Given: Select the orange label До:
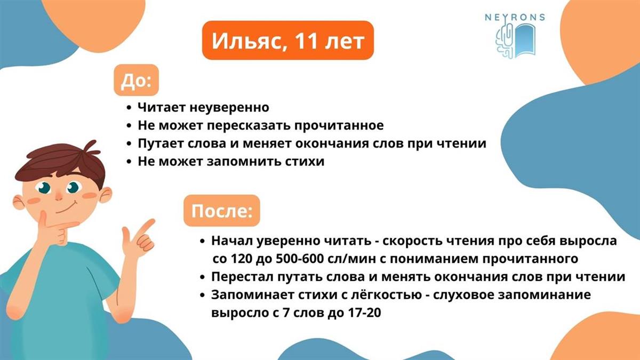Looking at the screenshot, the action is click(137, 80).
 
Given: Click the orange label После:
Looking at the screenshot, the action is click(222, 211).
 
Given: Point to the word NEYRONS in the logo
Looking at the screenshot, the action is click(515, 18).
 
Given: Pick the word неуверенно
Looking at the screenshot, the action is click(229, 107).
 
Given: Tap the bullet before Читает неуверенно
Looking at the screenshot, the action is click(129, 108).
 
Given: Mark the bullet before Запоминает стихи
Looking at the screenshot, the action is click(203, 295).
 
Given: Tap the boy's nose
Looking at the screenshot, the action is click(59, 195).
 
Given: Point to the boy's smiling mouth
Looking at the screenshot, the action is click(67, 209).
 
